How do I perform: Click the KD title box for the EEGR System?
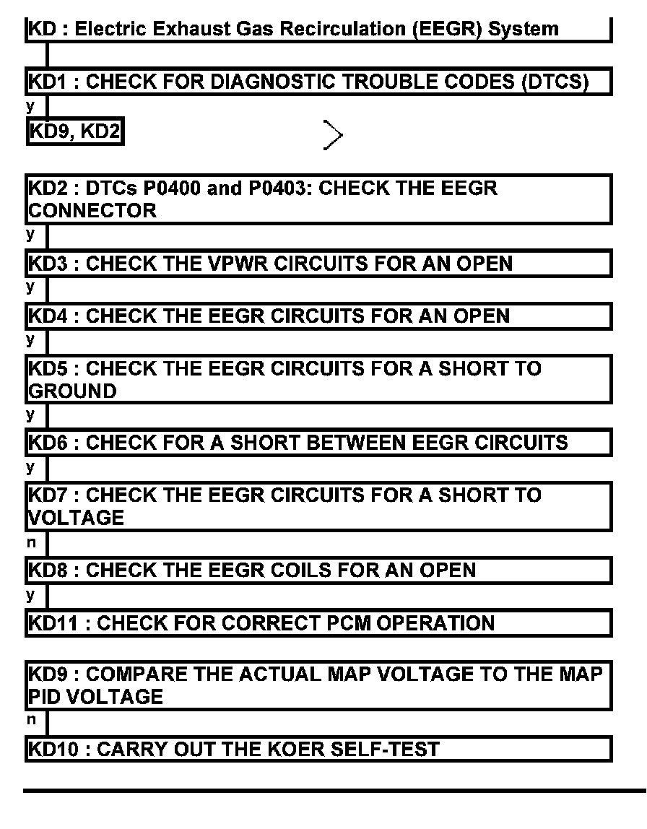tap(318, 30)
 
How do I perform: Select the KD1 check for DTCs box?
tap(318, 82)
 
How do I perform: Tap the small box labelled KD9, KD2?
tap(74, 132)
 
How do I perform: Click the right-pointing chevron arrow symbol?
tap(333, 135)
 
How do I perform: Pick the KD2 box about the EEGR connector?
tap(318, 200)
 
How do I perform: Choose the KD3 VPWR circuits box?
tap(318, 264)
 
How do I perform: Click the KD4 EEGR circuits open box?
tap(318, 316)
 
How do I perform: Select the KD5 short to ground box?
tap(318, 380)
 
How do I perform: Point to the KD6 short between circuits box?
tap(318, 443)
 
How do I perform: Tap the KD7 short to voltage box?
tap(318, 506)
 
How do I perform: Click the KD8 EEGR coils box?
tap(318, 570)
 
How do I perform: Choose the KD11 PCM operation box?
tap(318, 622)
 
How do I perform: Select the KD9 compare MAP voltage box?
tap(318, 685)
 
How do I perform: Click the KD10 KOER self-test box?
tap(318, 749)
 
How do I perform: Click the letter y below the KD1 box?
tap(31, 107)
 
